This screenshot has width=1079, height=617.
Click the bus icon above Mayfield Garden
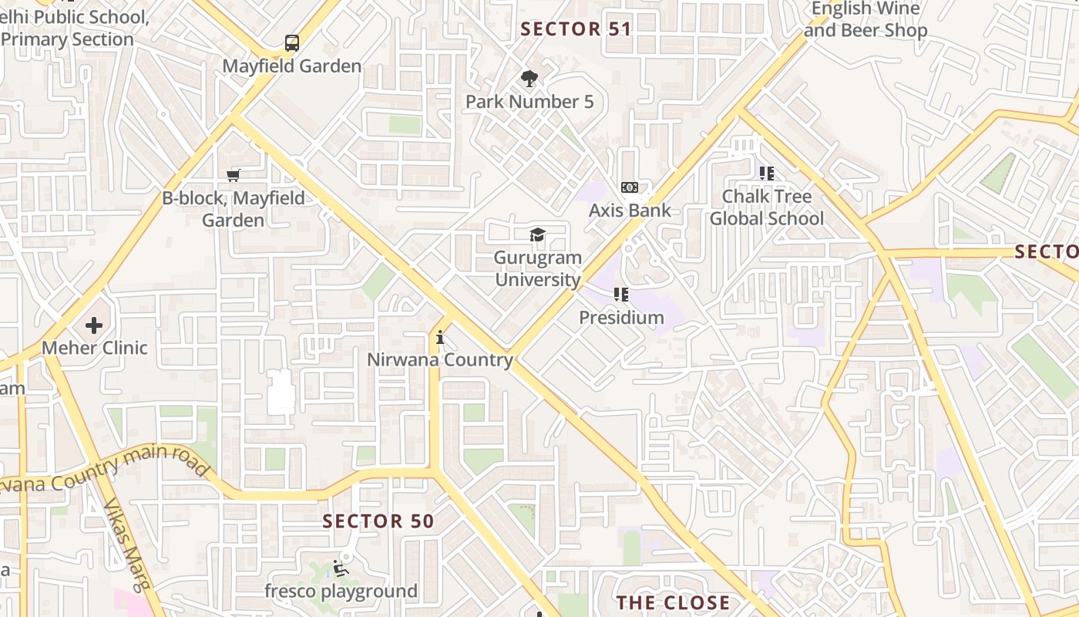tap(292, 43)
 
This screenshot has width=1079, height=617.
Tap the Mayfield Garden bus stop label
tap(292, 66)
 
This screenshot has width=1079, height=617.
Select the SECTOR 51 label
tap(576, 29)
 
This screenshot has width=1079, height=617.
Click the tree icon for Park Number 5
tap(529, 78)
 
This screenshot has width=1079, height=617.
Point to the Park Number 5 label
tap(529, 102)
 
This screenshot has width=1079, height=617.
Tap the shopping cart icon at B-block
tap(234, 175)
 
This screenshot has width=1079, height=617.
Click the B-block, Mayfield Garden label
tap(234, 209)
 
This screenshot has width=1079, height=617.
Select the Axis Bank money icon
tap(630, 187)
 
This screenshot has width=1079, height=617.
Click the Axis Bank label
tap(630, 211)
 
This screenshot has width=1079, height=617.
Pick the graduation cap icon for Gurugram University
tap(537, 235)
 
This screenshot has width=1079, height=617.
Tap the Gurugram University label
tap(537, 268)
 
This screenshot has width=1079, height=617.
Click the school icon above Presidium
tap(621, 294)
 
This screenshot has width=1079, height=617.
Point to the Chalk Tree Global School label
tap(766, 207)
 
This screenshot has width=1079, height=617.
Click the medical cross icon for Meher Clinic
tap(94, 325)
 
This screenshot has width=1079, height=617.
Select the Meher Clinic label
tap(94, 348)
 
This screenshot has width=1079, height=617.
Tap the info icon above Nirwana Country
tap(440, 337)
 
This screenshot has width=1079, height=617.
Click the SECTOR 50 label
tap(378, 521)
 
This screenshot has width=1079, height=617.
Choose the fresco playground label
tap(341, 592)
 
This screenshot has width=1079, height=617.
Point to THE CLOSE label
tap(673, 602)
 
